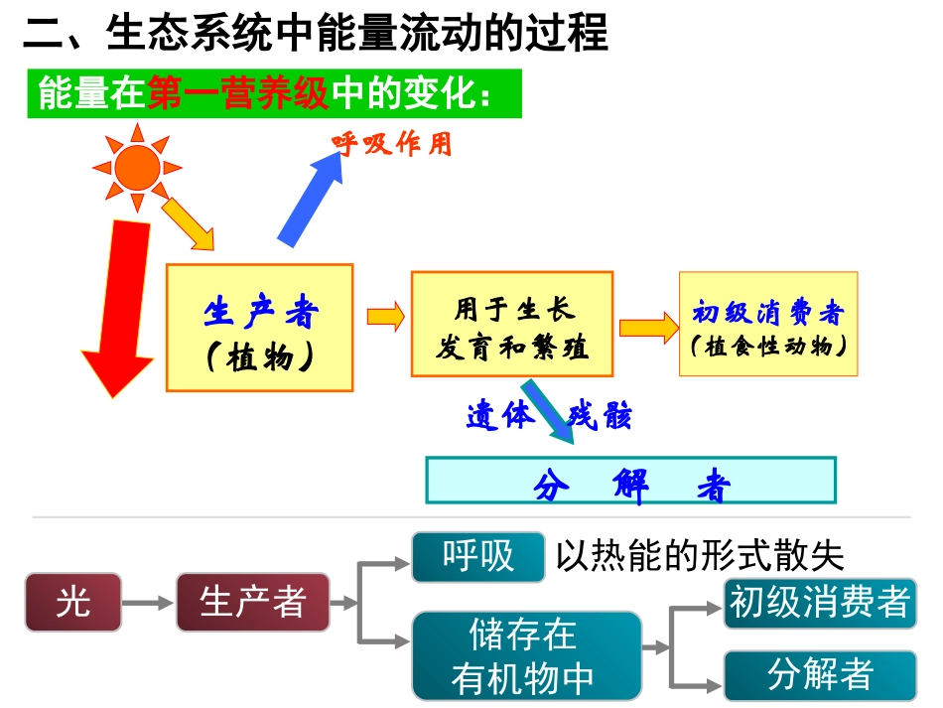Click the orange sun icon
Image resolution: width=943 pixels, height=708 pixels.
coord(136,167)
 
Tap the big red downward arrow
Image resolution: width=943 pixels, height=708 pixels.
coord(118,308)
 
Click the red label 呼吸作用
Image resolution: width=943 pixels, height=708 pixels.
coord(392,145)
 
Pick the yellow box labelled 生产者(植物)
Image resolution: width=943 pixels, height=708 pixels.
coord(259,327)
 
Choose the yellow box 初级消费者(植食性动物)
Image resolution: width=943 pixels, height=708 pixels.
coord(767,324)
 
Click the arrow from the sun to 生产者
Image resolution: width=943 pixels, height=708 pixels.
coord(188,224)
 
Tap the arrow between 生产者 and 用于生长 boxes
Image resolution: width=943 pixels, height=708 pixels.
coord(385,317)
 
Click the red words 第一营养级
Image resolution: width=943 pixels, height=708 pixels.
coord(237,94)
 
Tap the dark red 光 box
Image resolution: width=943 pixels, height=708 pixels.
coord(72,602)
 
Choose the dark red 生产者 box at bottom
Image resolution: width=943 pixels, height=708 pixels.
coord(252,602)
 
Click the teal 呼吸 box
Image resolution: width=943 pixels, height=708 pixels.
coord(478,556)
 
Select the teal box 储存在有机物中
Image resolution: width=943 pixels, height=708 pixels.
coord(526,656)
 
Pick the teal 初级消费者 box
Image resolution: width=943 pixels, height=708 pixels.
coord(819,602)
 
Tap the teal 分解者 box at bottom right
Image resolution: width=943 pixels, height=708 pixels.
coord(819,675)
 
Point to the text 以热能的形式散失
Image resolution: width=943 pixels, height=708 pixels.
coord(699,557)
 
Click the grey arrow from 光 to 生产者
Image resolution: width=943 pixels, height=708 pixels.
coord(148,602)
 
